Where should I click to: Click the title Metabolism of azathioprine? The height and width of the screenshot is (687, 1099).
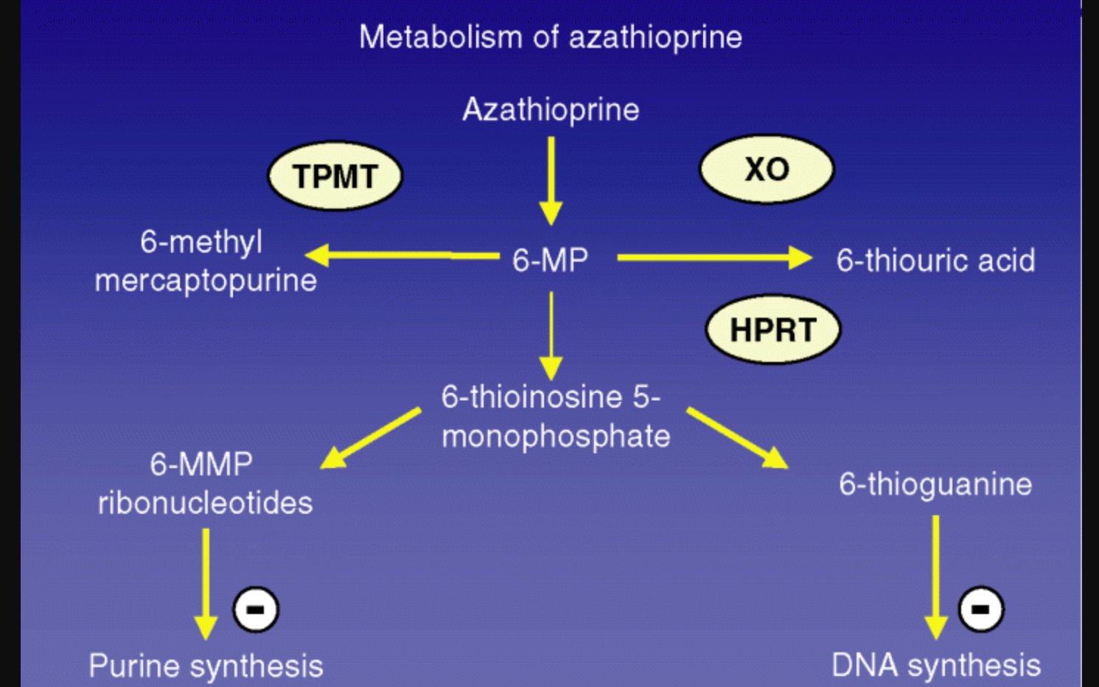(x=550, y=37)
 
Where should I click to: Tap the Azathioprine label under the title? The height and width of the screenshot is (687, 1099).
(x=551, y=110)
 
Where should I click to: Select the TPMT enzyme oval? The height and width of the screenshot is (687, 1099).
(x=335, y=176)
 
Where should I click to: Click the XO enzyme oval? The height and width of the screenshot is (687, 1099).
(x=767, y=169)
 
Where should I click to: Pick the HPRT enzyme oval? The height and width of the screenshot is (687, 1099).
(x=772, y=329)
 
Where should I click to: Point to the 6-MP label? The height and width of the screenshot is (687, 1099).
(x=550, y=260)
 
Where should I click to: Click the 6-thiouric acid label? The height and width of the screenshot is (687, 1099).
(x=935, y=260)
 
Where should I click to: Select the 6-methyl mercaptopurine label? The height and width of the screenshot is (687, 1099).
(x=205, y=261)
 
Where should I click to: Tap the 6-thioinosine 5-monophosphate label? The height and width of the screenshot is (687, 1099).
(x=554, y=416)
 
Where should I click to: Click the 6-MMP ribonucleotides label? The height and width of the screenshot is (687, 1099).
(x=205, y=484)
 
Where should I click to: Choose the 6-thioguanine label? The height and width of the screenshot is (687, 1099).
(x=935, y=484)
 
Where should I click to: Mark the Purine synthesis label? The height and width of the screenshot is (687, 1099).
(x=206, y=666)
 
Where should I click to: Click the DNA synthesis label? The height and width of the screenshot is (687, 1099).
(x=935, y=665)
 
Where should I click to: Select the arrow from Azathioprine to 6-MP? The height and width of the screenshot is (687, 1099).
(x=551, y=181)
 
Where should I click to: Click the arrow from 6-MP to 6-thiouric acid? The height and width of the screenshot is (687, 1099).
(x=714, y=258)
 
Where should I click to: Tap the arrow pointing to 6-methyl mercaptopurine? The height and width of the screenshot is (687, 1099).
(x=402, y=256)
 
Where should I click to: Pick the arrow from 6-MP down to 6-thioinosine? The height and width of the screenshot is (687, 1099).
(x=551, y=335)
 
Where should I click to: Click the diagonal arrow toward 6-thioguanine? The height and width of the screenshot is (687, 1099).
(x=737, y=438)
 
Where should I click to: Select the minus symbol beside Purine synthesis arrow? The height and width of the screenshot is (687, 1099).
(x=255, y=610)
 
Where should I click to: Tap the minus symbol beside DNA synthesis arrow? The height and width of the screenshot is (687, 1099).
(x=980, y=609)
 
